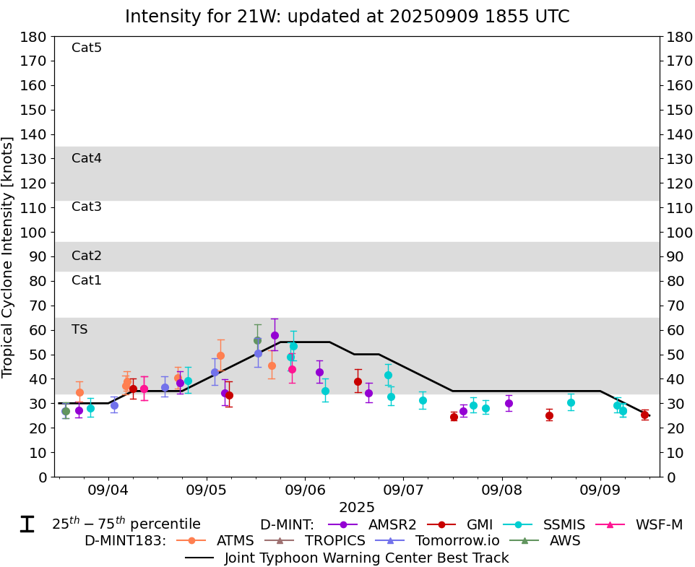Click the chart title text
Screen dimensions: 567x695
(347, 16)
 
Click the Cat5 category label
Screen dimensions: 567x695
(87, 48)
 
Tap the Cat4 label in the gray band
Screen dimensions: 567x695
(87, 158)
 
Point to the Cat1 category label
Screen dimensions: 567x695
(87, 280)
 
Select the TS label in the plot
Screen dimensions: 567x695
(79, 329)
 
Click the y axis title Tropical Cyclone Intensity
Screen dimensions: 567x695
(8, 256)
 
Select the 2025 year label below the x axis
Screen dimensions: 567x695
(357, 508)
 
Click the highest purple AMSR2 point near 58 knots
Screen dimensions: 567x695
(275, 335)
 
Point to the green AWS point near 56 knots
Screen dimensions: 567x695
(257, 340)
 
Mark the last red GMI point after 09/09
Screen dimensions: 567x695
(644, 415)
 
